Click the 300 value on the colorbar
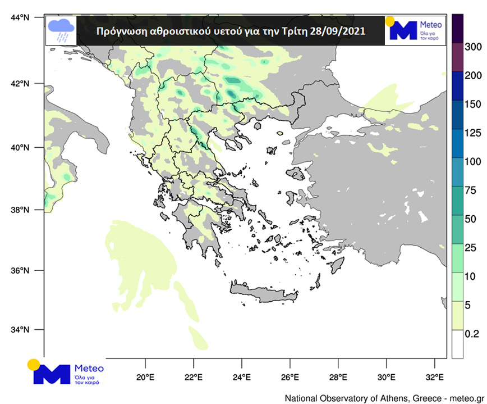(x=474, y=46)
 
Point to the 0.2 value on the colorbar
(x=472, y=334)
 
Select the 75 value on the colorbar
(x=471, y=190)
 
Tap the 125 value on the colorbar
(x=474, y=133)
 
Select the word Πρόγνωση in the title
(x=118, y=31)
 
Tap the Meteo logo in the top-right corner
(x=414, y=30)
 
